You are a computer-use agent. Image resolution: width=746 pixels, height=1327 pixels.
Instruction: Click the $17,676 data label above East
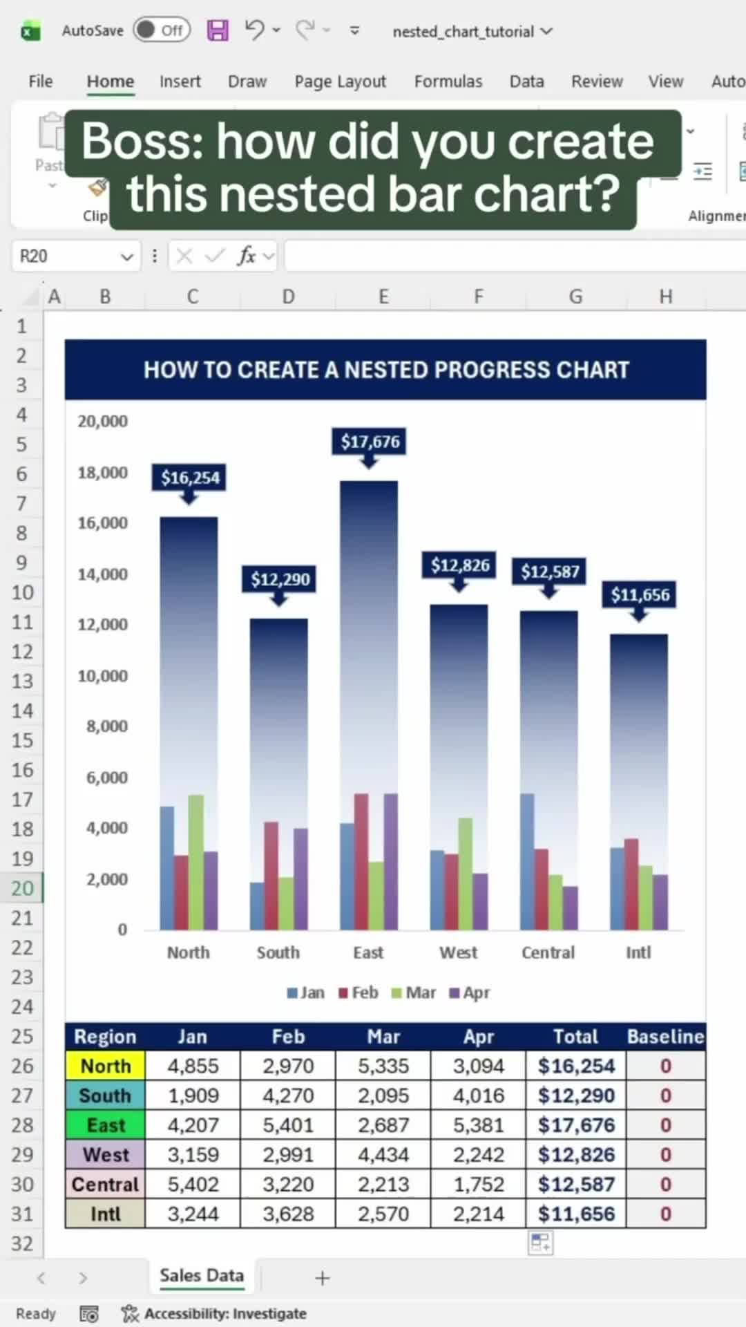[370, 442]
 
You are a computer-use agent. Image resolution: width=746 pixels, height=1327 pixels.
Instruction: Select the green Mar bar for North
[196, 862]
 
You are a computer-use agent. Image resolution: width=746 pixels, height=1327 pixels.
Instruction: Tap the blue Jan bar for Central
[527, 862]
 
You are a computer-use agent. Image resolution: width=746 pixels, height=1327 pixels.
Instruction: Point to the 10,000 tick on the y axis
[102, 676]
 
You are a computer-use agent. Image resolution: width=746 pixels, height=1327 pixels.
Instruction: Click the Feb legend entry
[358, 992]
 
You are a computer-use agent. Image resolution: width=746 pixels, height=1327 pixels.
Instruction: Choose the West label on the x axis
[459, 952]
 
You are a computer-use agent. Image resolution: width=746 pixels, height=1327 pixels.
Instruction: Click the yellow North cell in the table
[105, 1066]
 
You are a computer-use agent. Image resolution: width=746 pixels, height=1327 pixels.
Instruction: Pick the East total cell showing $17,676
[576, 1125]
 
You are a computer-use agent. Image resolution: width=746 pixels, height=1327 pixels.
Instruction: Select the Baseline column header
[665, 1037]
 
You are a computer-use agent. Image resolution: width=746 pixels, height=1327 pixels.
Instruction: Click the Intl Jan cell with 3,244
[193, 1214]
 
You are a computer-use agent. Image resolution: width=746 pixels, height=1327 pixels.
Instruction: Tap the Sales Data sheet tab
[202, 1276]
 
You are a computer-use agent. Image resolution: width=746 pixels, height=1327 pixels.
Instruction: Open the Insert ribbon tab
[180, 82]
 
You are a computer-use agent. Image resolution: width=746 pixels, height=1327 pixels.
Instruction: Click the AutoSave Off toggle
[162, 30]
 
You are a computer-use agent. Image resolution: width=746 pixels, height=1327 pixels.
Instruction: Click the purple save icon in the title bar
[218, 30]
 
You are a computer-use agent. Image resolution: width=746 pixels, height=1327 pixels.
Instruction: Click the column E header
[383, 297]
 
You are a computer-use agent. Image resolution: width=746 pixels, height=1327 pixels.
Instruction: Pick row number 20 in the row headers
[22, 888]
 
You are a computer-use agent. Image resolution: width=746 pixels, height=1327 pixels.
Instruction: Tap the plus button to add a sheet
[322, 1278]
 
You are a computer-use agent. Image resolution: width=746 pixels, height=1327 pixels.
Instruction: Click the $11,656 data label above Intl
[640, 595]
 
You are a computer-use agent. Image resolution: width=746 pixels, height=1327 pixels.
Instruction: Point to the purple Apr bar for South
[300, 879]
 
